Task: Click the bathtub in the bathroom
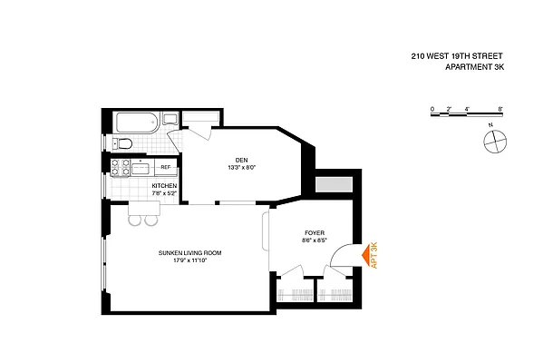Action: coord(138,123)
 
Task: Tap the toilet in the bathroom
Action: coord(125,143)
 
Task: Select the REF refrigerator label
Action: coord(165,168)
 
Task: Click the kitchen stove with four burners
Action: coord(119,167)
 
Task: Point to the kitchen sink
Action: coord(141,167)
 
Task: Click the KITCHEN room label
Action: coord(164,186)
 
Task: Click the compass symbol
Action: coord(495,141)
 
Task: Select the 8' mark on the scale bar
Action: coord(500,109)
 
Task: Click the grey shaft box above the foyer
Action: coord(333,185)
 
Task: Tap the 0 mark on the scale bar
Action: coord(433,109)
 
